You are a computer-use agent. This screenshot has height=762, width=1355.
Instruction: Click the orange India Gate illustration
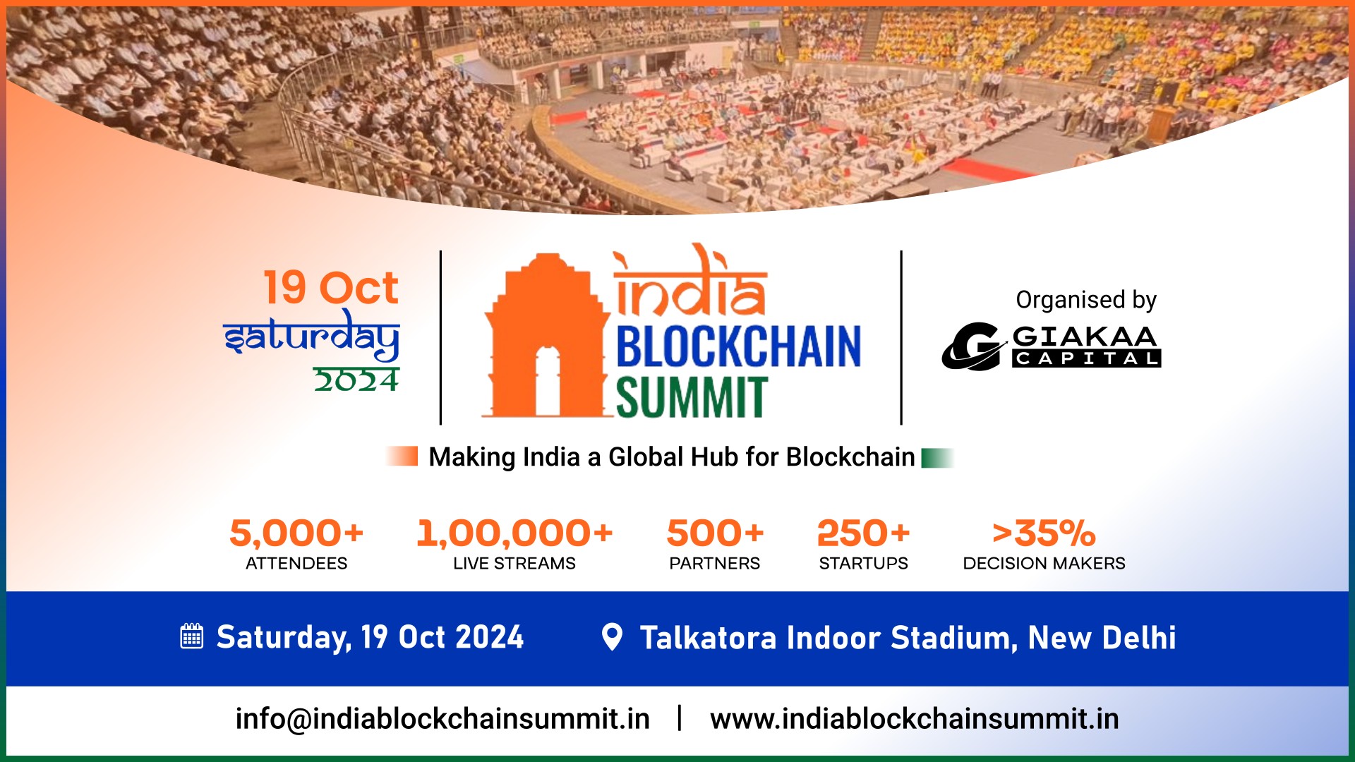545,339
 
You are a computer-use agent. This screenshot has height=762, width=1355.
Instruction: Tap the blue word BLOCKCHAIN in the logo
738,346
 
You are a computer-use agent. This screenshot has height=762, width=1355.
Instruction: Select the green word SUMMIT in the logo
691,397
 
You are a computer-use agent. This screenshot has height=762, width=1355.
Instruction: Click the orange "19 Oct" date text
331,288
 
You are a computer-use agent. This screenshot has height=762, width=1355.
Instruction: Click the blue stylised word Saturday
311,337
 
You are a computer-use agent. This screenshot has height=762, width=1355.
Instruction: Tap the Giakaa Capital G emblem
972,346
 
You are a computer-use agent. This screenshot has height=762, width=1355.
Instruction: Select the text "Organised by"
1086,300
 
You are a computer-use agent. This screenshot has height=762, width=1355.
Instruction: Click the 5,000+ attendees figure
296,533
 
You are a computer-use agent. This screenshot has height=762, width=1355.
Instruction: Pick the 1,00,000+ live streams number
514,533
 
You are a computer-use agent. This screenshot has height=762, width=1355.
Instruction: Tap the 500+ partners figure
715,533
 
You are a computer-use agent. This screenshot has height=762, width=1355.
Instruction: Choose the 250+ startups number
863,533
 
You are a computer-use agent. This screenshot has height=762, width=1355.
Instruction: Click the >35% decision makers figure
1044,533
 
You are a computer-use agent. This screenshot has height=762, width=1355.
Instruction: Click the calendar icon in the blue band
192,636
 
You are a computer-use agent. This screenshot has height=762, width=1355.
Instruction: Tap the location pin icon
612,636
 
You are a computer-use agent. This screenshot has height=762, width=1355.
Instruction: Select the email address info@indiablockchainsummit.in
442,719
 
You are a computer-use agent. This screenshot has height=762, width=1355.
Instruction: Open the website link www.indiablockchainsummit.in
914,719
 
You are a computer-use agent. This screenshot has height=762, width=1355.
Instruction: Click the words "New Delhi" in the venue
1102,638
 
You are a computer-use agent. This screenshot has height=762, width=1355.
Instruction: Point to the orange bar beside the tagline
403,456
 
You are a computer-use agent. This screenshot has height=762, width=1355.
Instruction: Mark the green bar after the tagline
937,458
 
